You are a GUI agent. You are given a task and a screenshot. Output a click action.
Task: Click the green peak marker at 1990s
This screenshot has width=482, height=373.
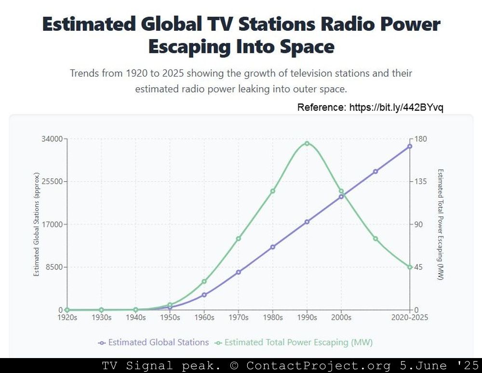pyautogui.click(x=307, y=144)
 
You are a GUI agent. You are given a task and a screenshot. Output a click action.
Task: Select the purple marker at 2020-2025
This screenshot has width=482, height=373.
pyautogui.click(x=410, y=146)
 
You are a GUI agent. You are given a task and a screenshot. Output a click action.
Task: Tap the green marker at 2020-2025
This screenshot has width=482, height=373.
pyautogui.click(x=410, y=267)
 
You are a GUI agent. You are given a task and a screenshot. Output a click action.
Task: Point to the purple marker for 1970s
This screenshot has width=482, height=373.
pyautogui.click(x=238, y=272)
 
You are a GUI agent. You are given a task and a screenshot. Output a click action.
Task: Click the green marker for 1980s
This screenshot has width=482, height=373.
pyautogui.click(x=273, y=191)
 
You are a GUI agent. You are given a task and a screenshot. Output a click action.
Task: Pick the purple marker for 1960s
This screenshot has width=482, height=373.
pyautogui.click(x=204, y=295)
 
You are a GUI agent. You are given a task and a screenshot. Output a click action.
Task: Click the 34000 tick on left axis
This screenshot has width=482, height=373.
pyautogui.click(x=52, y=139)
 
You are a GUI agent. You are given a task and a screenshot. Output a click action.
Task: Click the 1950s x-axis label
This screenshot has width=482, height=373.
pyautogui.click(x=170, y=318)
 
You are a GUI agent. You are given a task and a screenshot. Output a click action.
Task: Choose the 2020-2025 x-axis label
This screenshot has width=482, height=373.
pyautogui.click(x=409, y=318)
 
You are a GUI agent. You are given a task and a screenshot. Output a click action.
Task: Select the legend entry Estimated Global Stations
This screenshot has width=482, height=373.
pyautogui.click(x=153, y=342)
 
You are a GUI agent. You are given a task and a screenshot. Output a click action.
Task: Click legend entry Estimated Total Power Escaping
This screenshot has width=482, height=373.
pyautogui.click(x=294, y=342)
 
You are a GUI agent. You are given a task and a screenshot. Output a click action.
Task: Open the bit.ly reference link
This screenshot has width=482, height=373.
pyautogui.click(x=396, y=107)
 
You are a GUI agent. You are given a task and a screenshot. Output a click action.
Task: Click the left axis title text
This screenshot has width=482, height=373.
pyautogui.click(x=36, y=224)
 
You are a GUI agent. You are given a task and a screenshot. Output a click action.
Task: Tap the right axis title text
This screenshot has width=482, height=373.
pyautogui.click(x=441, y=224)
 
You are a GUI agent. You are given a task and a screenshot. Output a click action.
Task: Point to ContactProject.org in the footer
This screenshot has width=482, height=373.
pyautogui.click(x=319, y=366)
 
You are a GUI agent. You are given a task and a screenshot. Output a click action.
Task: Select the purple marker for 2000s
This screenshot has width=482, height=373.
pyautogui.click(x=341, y=197)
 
